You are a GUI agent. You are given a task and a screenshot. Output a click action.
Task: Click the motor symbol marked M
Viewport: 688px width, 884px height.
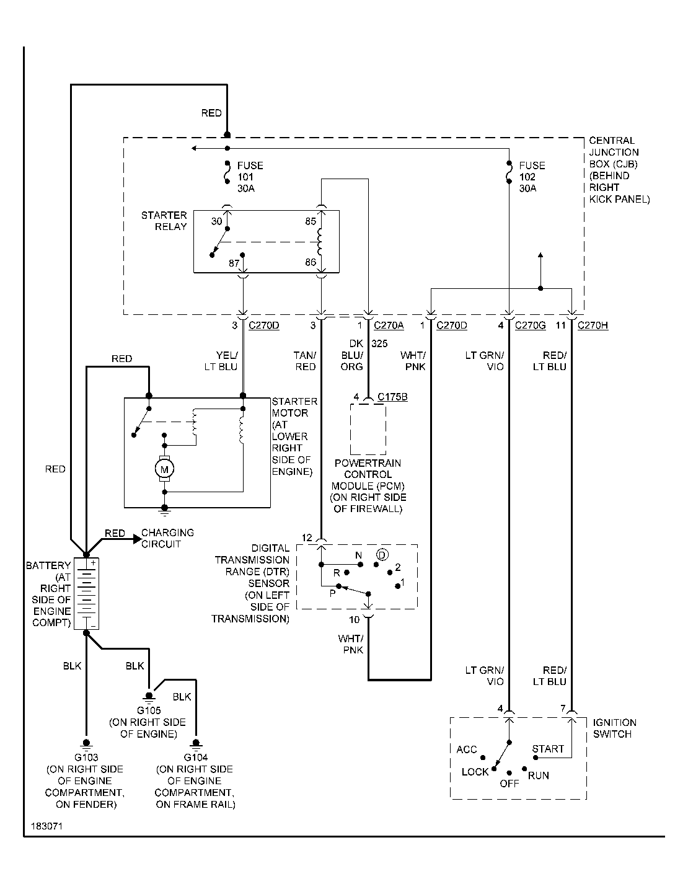(x=165, y=469)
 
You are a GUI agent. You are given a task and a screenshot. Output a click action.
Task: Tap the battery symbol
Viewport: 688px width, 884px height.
(x=87, y=593)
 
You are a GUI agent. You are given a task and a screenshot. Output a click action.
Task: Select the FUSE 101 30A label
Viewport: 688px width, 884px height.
(x=249, y=177)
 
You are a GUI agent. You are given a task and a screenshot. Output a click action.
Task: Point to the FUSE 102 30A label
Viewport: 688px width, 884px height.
(x=532, y=177)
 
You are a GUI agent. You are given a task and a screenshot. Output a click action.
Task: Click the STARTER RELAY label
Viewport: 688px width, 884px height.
(x=164, y=221)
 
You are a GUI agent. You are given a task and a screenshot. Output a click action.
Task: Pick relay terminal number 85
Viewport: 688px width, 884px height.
(x=311, y=221)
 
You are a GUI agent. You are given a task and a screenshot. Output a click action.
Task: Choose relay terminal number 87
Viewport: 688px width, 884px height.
(x=234, y=263)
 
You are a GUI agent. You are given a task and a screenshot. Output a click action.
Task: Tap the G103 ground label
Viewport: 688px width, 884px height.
(x=86, y=757)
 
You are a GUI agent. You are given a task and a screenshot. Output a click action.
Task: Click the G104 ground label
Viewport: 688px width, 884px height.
(x=196, y=757)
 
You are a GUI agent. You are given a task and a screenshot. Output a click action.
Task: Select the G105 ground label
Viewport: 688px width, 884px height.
(x=149, y=710)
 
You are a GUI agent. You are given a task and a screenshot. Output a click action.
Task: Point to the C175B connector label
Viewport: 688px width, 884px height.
(x=392, y=397)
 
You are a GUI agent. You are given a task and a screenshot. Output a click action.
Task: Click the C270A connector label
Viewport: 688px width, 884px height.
(x=389, y=325)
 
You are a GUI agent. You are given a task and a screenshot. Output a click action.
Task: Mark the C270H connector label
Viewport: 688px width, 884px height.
(x=593, y=325)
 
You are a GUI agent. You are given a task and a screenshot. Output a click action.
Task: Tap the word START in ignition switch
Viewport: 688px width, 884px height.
(x=548, y=749)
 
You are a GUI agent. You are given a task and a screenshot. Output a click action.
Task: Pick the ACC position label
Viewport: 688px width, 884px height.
(x=467, y=749)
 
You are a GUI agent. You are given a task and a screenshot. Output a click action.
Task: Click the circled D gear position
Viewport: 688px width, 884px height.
(x=382, y=554)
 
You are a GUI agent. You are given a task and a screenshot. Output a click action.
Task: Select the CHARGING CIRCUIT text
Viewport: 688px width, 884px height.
(x=167, y=538)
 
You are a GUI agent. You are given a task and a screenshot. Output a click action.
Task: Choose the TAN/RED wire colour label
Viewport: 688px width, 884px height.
(x=305, y=361)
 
